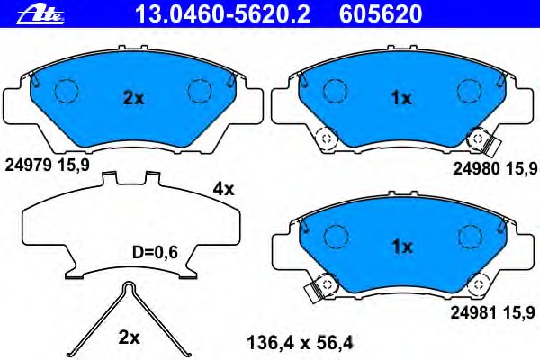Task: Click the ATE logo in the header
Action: point(40,14)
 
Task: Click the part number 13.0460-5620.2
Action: point(223,14)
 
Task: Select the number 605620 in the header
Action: point(381,14)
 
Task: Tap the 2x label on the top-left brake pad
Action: point(133,98)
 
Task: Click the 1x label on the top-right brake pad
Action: point(401,98)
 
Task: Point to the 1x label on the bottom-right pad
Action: point(402,247)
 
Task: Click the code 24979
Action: point(28,166)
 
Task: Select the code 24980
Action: point(476,168)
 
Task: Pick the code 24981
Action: point(474,313)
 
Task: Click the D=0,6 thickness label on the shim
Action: point(155,253)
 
